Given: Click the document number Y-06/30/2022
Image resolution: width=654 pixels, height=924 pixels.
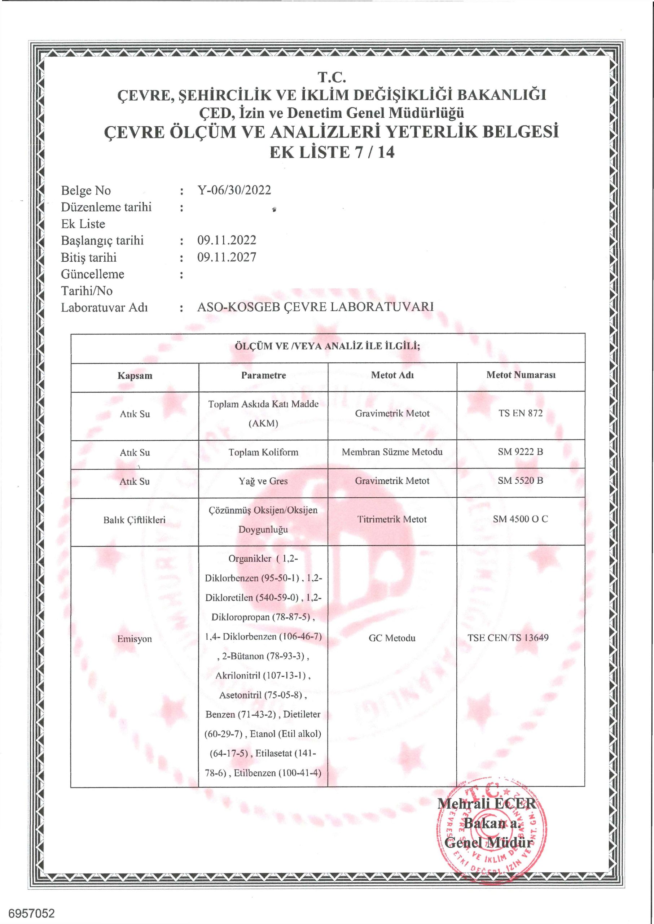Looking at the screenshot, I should click(x=234, y=190).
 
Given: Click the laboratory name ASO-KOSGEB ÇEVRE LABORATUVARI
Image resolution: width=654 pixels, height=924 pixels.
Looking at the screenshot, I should click(x=315, y=307).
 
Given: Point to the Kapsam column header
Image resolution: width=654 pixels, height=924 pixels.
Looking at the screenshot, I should click(x=135, y=376).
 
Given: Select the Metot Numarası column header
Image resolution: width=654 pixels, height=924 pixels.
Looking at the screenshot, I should click(x=521, y=375).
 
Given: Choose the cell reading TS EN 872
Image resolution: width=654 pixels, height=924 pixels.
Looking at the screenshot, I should click(x=520, y=413).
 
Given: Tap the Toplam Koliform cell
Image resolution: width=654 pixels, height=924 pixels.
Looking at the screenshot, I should click(x=263, y=453).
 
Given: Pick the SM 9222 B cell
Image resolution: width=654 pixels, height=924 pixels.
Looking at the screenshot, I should click(x=520, y=452).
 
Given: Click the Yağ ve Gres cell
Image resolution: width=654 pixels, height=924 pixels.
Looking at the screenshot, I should click(x=263, y=481).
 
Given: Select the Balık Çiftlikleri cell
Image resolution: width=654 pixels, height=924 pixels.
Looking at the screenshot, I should click(x=135, y=520).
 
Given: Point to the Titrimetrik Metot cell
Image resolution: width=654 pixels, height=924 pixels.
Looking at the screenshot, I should click(x=392, y=520).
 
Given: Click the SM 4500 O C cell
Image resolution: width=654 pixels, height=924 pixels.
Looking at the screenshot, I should click(x=520, y=519).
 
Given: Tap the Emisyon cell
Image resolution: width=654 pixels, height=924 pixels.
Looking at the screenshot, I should click(x=135, y=639).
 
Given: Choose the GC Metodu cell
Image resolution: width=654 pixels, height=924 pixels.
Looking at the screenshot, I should click(x=392, y=638).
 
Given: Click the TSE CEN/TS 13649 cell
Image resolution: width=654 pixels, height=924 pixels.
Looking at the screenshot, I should click(x=508, y=638).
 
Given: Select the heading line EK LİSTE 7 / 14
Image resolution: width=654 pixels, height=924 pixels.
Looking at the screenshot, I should click(x=332, y=152).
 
